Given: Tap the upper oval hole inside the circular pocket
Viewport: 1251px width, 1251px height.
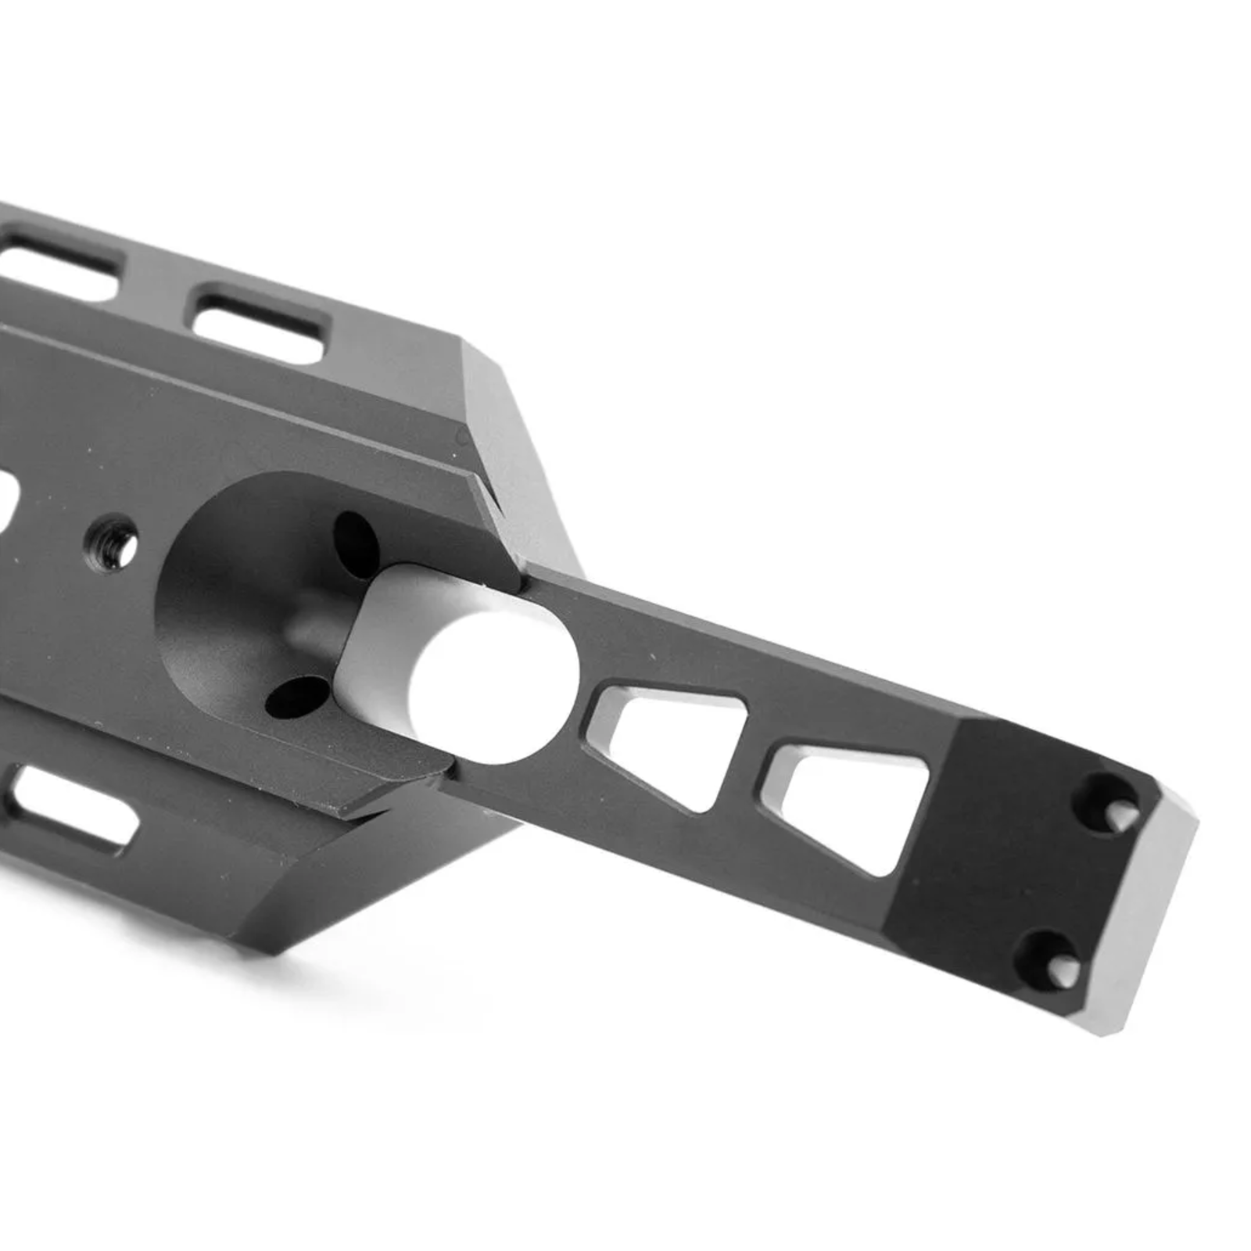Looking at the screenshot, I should tap(356, 538).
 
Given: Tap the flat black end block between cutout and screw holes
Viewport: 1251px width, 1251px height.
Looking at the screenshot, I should tap(985, 844).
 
